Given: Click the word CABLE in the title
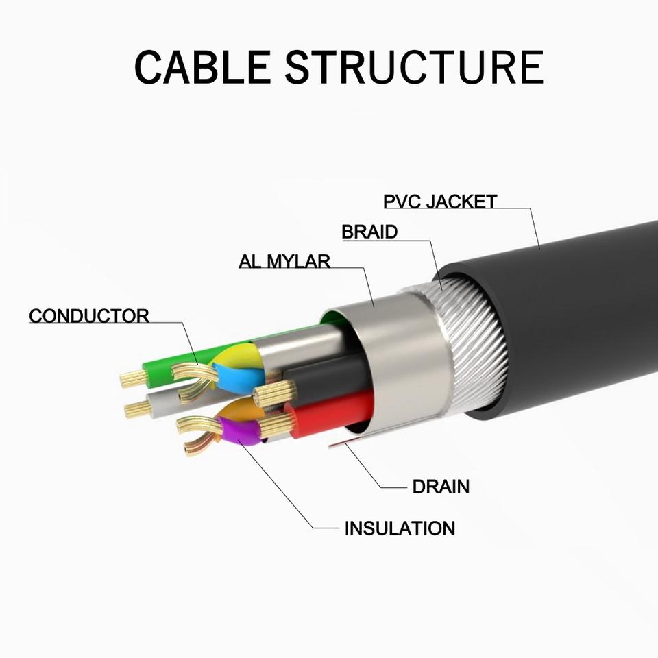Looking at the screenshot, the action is coord(203,67).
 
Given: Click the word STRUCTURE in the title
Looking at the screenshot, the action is coord(414,67).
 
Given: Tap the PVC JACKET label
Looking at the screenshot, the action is coord(440,202).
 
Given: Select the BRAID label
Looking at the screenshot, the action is coord(369,232).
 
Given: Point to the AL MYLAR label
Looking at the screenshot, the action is coord(284,261).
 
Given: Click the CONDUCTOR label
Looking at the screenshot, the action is coord(89,316).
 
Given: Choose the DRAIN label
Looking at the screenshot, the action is coord(441,487).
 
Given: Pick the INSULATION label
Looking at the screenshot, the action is coord(400,528).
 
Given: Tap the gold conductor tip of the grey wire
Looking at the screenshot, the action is coord(137,409).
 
